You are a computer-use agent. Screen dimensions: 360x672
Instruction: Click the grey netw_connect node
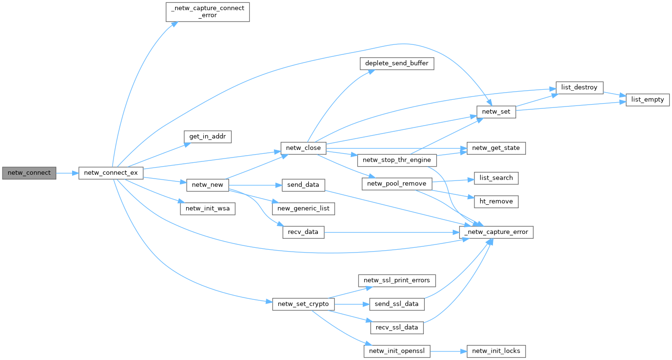(29, 172)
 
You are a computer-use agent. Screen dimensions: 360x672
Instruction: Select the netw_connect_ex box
(111, 172)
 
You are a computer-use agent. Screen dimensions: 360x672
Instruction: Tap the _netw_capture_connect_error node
(208, 11)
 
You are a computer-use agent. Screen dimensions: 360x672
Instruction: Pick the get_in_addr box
(208, 136)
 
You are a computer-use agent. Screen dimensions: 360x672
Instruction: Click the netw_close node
(304, 148)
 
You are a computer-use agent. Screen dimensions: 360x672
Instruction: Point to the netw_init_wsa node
(208, 209)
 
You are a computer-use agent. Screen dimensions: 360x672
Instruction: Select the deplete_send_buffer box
(397, 64)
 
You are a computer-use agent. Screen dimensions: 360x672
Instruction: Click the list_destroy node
(579, 88)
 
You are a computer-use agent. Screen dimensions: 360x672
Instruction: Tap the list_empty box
(648, 100)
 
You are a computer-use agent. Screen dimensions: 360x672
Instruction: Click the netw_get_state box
(496, 148)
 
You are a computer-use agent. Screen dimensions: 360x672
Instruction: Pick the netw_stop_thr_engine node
(397, 160)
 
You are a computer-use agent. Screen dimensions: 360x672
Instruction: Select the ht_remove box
(496, 201)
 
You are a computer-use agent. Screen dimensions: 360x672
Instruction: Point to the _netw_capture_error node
(496, 233)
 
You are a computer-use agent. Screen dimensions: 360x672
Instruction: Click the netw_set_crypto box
(304, 304)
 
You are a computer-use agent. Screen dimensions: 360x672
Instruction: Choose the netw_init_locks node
(496, 351)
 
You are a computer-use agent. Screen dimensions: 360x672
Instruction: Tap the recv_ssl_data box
(397, 328)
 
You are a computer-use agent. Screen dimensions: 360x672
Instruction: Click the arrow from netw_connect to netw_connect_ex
(67, 172)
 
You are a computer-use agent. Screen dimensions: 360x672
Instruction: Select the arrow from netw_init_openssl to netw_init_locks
(448, 351)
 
